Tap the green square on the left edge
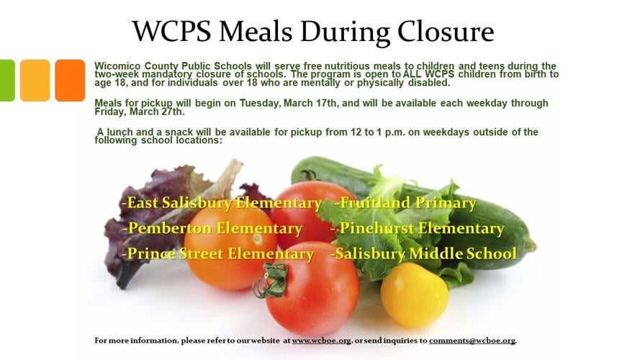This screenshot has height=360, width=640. coord(6,80)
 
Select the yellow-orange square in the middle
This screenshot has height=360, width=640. coord(35,80)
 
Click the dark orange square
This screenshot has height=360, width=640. coord(70,80)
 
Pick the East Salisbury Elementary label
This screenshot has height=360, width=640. coord(222,203)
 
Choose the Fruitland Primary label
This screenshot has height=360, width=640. coord(406,203)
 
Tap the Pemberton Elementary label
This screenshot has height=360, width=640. coord(212,228)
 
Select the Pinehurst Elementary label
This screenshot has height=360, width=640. coord(418,228)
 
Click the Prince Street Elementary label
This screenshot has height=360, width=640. coord(218,253)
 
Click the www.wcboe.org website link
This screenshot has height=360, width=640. coord(322,341)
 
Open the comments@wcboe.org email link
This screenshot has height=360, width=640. coord(472,341)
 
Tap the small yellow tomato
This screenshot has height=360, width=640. coord(413,294)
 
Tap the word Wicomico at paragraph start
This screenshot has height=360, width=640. coord(117,66)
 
